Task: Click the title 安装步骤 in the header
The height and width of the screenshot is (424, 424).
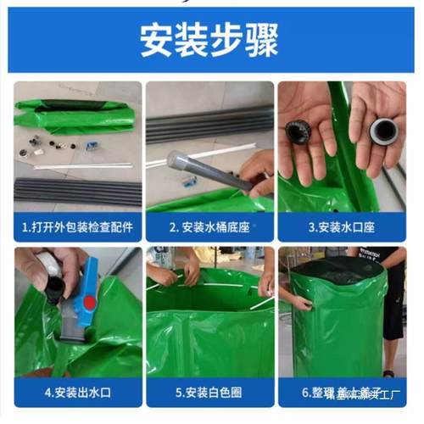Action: [x=212, y=41]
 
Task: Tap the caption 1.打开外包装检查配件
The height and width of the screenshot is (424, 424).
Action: [x=78, y=226]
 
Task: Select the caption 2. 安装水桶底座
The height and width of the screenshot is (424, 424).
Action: [x=209, y=226]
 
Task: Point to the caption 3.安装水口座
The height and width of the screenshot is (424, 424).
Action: [x=342, y=226]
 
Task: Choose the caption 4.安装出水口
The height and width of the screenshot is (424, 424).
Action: [x=78, y=393]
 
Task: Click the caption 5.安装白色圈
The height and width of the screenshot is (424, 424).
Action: [x=209, y=393]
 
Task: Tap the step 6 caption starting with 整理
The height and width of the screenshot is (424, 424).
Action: [x=342, y=393]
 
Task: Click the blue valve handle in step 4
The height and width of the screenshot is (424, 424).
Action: [x=88, y=288]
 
